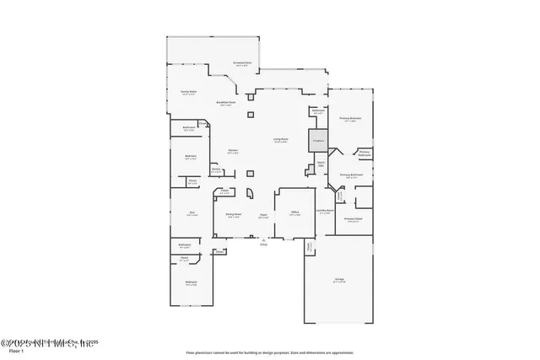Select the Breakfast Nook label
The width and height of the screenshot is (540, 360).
225,104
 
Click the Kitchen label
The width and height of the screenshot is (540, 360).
233,152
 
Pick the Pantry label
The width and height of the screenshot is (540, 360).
216,169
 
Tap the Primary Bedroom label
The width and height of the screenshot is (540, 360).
350,119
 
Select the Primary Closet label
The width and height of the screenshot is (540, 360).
353,219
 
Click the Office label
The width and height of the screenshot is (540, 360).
294,213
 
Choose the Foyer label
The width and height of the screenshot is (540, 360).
263,216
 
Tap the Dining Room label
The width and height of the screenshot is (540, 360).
234,216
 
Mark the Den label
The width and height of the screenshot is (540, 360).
192,214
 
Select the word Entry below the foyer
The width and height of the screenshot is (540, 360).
263,245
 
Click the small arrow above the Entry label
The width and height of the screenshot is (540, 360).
263,240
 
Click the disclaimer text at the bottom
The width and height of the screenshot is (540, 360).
270,352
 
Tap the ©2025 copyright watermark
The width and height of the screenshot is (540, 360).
46,343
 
